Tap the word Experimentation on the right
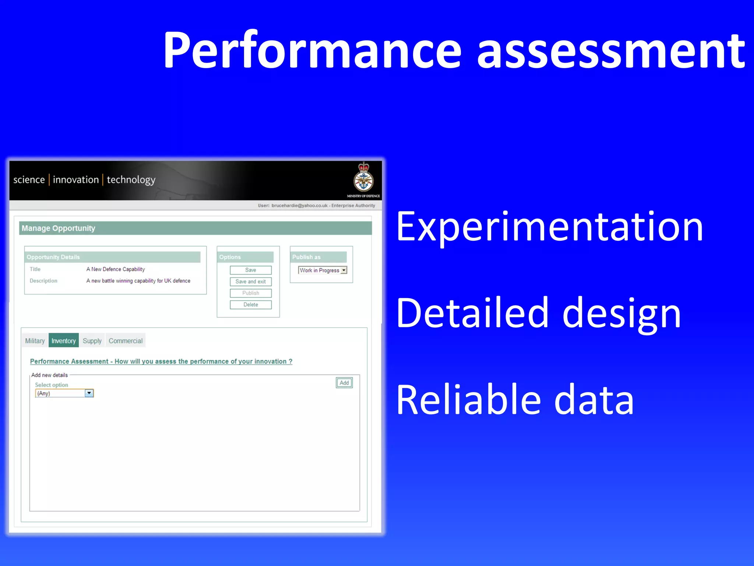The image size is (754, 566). pos(549,227)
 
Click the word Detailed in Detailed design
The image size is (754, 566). pos(472,313)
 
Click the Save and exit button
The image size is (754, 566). pos(251,282)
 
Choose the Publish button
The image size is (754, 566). pos(251,293)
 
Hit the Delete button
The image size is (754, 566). pos(251,305)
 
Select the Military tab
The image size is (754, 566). pos(35,341)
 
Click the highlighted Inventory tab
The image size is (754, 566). pos(64,341)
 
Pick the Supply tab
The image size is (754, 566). pos(92,341)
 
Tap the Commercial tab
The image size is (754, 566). pos(126,341)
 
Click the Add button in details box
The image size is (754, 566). pos(344,383)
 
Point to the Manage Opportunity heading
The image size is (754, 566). pos(59,228)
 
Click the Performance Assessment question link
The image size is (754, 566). pos(161,361)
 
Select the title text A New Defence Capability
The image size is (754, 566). pos(116,269)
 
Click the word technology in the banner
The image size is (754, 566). pos(131,180)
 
